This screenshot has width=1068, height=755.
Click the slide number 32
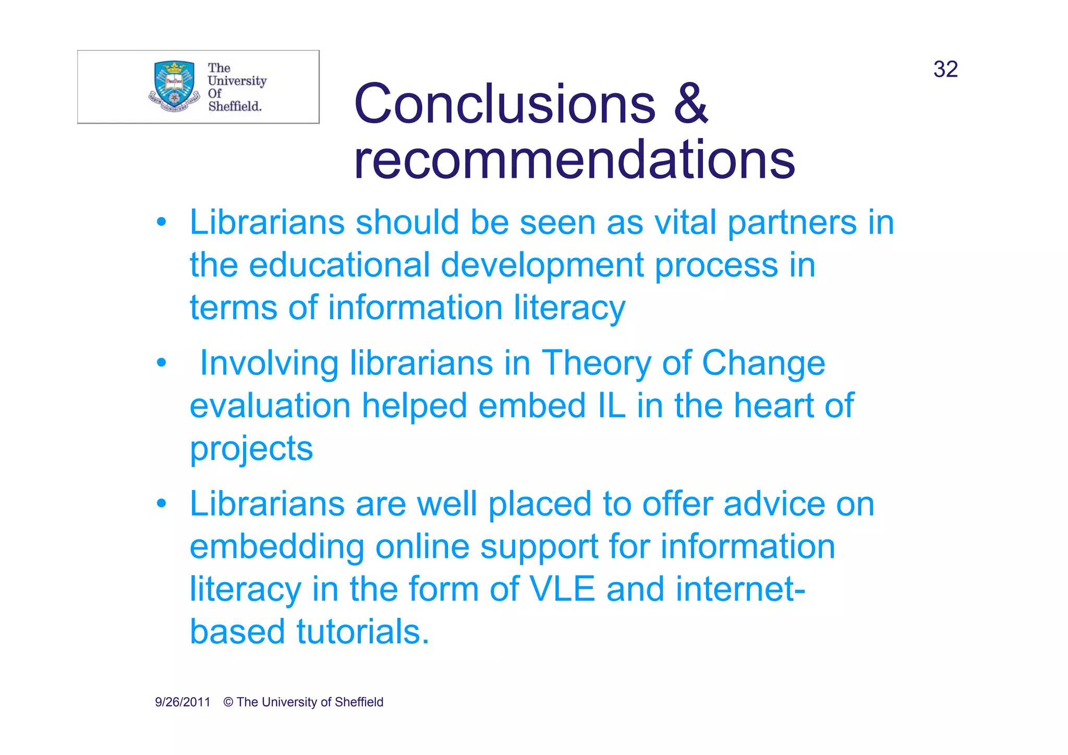coord(945,69)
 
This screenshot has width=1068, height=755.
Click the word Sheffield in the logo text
coord(235,106)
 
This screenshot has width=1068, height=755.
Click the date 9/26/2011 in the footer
coord(183,702)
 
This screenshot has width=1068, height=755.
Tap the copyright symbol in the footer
coord(228,702)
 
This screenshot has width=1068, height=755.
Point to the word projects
coord(251,449)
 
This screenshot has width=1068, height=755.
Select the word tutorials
coord(363,632)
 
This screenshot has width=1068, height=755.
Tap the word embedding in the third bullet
coord(276,547)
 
